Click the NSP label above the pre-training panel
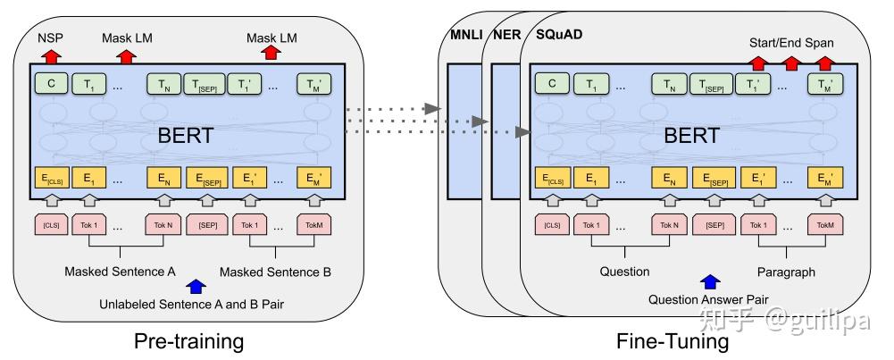click(x=49, y=40)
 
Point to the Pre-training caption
click(x=188, y=340)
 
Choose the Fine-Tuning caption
click(x=672, y=340)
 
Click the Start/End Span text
click(x=790, y=43)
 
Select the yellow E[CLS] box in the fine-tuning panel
click(x=553, y=178)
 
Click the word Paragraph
click(x=787, y=271)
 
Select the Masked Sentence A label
click(x=120, y=271)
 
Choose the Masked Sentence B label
click(x=275, y=271)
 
